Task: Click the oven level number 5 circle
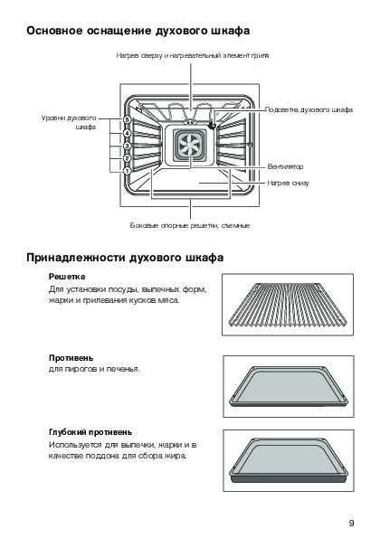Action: [128, 119]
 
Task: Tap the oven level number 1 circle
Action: [127, 171]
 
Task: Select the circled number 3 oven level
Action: [127, 146]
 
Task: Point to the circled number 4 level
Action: [127, 133]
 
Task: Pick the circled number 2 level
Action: [127, 158]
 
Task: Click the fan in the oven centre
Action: [190, 146]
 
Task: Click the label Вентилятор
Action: [285, 166]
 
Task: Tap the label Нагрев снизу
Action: [288, 183]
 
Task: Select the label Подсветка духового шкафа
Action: [309, 109]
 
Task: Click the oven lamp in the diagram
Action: [213, 126]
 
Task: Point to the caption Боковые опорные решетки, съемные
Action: [190, 225]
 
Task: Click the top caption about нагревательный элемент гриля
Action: [192, 55]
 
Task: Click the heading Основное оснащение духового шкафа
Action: [138, 31]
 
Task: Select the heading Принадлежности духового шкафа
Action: [125, 258]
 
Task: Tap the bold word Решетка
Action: [67, 277]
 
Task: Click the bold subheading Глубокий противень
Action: [90, 432]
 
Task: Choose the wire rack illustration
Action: [288, 305]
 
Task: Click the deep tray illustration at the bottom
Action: [289, 460]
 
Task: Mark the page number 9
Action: [351, 524]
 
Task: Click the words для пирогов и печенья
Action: [95, 369]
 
